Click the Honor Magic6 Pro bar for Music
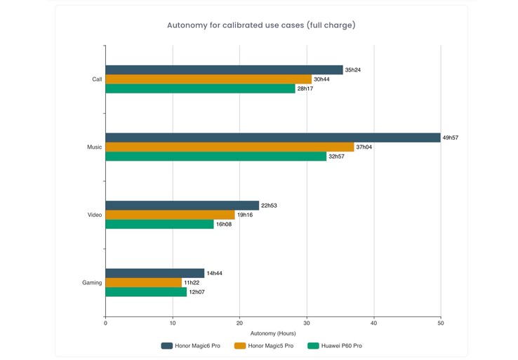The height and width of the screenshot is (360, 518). click(x=273, y=138)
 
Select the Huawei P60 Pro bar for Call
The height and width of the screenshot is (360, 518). click(x=201, y=89)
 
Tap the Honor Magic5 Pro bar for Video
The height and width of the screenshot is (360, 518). click(x=170, y=215)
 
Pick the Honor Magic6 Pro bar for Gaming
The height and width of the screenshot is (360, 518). click(x=155, y=273)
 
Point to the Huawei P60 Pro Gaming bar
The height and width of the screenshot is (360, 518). click(x=146, y=292)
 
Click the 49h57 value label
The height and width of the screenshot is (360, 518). click(x=451, y=138)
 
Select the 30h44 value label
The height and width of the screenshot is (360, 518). click(x=321, y=79)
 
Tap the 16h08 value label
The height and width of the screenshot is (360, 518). click(x=223, y=225)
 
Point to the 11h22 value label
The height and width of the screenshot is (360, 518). click(x=191, y=283)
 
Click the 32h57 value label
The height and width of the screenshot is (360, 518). click(x=337, y=156)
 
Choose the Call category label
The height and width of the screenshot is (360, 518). click(x=97, y=79)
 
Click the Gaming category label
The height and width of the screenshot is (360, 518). click(x=92, y=283)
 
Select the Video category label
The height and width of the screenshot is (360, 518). click(x=95, y=215)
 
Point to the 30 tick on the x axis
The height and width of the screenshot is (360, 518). click(x=307, y=323)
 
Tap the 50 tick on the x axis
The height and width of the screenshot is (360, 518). click(x=441, y=323)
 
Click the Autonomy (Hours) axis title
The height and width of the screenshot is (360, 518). click(x=273, y=333)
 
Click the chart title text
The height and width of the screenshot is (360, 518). click(x=261, y=25)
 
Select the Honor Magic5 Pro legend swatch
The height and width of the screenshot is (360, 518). click(x=240, y=346)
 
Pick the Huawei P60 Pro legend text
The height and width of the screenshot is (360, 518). click(x=342, y=346)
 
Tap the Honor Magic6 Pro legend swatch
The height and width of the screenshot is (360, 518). click(x=167, y=346)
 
